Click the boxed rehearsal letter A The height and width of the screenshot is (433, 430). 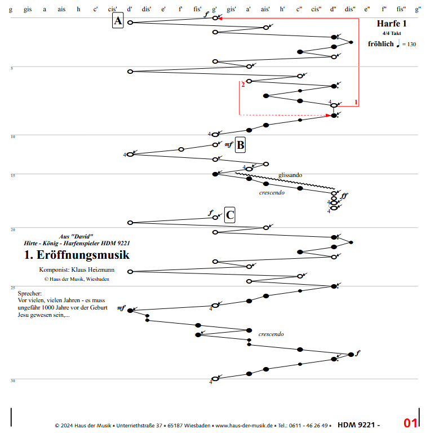tap(117, 21)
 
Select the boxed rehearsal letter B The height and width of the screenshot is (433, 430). tap(240, 145)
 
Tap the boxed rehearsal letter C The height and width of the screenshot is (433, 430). tap(230, 214)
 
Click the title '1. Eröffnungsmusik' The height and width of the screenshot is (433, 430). tap(77, 255)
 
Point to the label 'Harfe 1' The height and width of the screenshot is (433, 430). tap(391, 24)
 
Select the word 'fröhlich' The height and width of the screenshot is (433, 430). tap(380, 44)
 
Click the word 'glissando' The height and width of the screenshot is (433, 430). tap(290, 175)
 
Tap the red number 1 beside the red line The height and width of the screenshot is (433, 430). tap(356, 102)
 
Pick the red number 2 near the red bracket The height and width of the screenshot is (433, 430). tap(243, 85)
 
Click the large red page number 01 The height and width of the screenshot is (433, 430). tap(410, 423)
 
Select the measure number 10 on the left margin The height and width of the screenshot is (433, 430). tap(12, 136)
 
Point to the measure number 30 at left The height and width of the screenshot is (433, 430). tap(12, 381)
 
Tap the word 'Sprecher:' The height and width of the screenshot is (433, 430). tap(30, 294)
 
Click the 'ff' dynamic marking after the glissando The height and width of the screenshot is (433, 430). tap(344, 196)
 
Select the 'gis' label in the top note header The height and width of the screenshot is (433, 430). tap(28, 9)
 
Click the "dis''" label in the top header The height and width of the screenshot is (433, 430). tap(349, 9)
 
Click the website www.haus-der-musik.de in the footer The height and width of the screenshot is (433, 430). tap(245, 426)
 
